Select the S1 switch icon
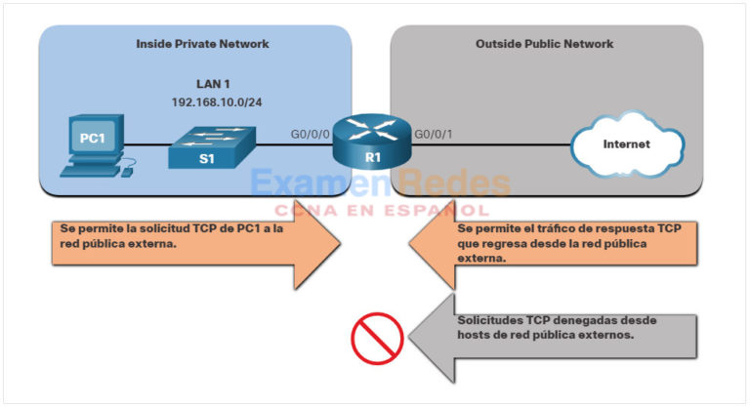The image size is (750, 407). click(209, 148)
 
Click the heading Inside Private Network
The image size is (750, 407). click(202, 44)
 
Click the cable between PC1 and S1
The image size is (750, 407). click(146, 147)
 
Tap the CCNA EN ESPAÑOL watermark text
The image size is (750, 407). click(381, 209)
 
